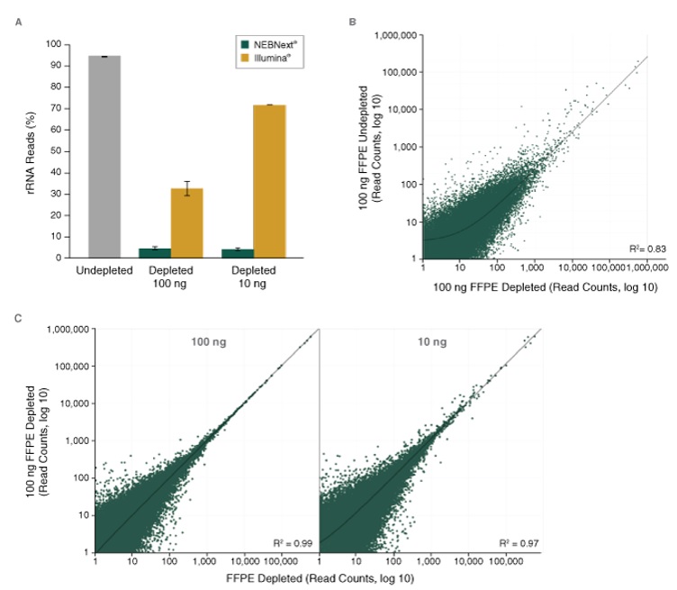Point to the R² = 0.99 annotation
pos(290,542)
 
